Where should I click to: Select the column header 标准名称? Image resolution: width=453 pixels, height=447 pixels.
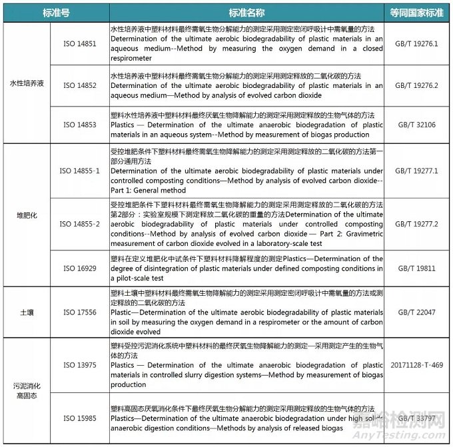click(x=246, y=13)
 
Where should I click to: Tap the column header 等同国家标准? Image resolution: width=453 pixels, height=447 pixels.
click(x=416, y=13)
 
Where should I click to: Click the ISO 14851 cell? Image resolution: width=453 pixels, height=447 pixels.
click(x=79, y=43)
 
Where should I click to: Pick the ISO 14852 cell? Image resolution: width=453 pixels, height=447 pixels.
click(x=79, y=86)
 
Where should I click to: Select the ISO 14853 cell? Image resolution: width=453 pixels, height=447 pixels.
click(x=79, y=124)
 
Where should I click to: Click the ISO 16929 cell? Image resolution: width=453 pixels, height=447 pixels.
click(x=79, y=268)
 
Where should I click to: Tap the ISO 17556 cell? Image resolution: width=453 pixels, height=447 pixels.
click(x=79, y=312)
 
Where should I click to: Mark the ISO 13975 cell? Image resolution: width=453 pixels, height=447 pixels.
click(x=79, y=365)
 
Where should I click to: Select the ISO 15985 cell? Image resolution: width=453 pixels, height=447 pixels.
click(x=79, y=418)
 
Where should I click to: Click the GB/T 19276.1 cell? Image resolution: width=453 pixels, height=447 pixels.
click(x=416, y=43)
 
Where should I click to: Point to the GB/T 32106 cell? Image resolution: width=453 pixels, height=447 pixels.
click(x=416, y=124)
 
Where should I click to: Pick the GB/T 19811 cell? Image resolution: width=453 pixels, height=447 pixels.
click(x=416, y=268)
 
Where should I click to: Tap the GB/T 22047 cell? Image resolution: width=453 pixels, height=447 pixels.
click(x=416, y=312)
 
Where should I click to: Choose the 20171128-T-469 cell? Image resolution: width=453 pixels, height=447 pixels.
click(x=416, y=365)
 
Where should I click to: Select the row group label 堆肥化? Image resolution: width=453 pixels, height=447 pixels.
click(x=27, y=216)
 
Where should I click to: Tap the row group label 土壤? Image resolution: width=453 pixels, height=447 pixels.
click(x=27, y=312)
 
